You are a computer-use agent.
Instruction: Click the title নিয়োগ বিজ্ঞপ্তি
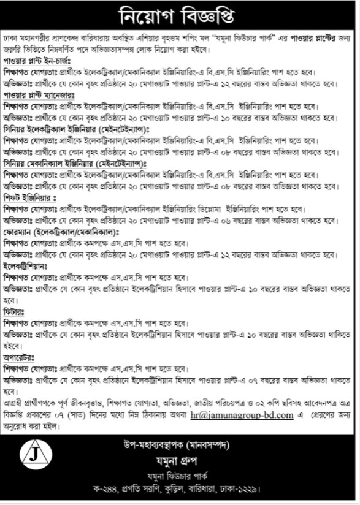coord(180,13)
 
